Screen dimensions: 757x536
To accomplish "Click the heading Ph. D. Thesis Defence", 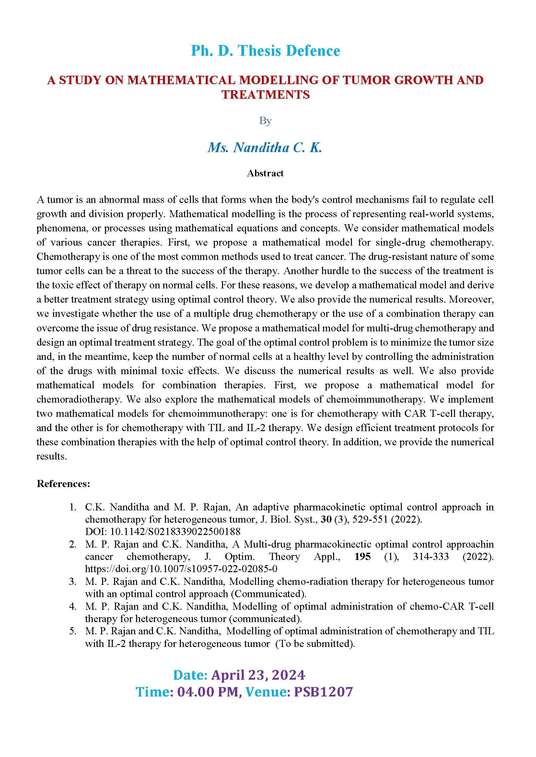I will pyautogui.click(x=265, y=51).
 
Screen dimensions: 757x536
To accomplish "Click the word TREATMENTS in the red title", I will pyautogui.click(x=265, y=95).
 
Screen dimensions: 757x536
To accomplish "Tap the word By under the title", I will pyautogui.click(x=265, y=121).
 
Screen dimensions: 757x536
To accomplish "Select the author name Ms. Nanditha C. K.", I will pyautogui.click(x=265, y=147).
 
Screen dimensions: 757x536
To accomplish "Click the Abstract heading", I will pyautogui.click(x=265, y=173).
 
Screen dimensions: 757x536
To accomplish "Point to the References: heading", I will pyautogui.click(x=64, y=484).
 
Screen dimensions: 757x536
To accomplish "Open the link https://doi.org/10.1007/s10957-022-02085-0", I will pyautogui.click(x=181, y=569).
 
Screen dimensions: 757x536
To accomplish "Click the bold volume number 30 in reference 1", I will pyautogui.click(x=326, y=520).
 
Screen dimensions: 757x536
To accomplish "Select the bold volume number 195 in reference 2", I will pyautogui.click(x=362, y=557).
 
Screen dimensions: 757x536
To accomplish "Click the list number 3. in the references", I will pyautogui.click(x=73, y=581).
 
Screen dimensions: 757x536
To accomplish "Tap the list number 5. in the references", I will pyautogui.click(x=73, y=631).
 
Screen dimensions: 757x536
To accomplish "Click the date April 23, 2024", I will pyautogui.click(x=258, y=675).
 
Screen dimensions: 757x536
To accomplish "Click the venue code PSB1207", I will pyautogui.click(x=323, y=692).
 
